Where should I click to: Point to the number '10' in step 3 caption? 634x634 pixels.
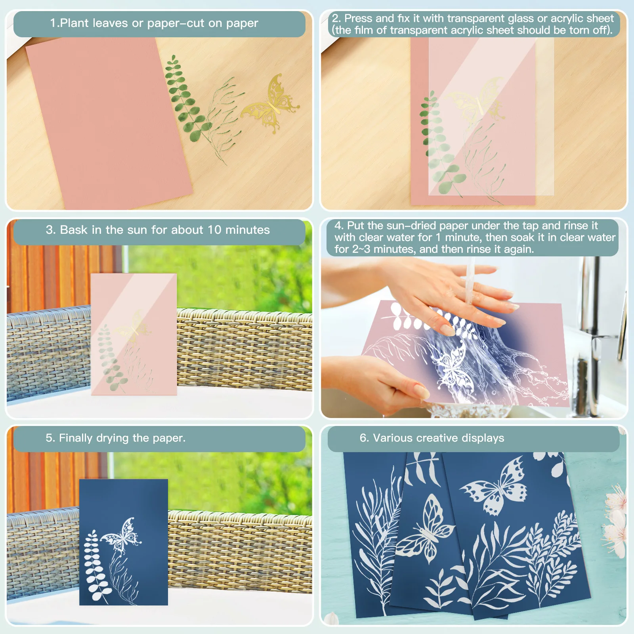(x=214, y=230)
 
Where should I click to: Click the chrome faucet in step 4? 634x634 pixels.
(x=590, y=317)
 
